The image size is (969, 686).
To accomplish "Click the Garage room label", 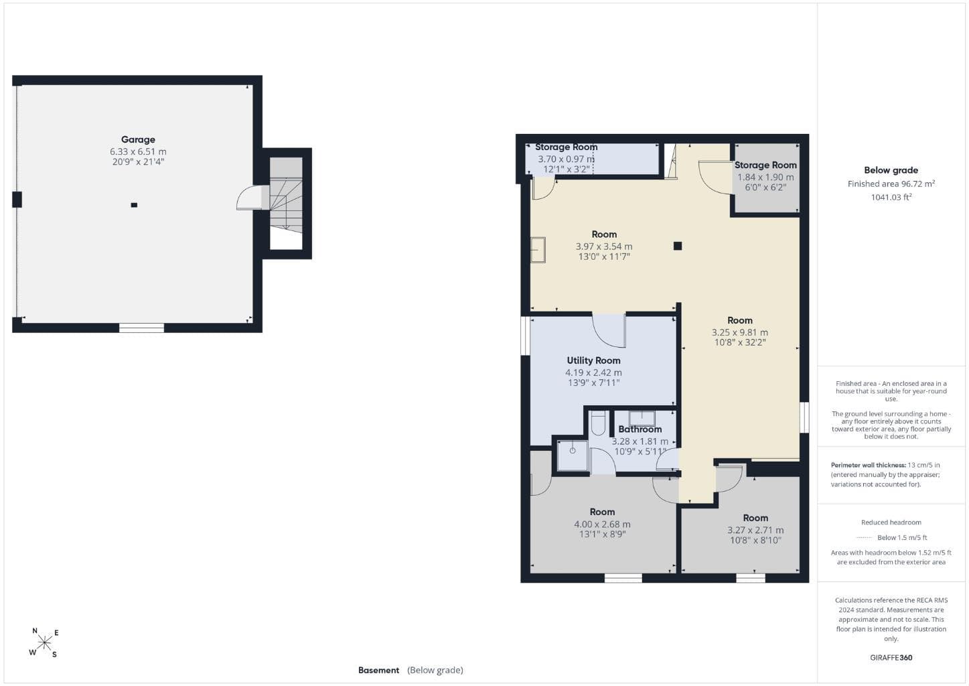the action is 138,139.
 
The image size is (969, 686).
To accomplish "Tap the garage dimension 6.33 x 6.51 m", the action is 138,151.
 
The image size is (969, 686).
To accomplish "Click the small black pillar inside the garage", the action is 134,205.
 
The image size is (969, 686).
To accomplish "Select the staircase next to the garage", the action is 286,195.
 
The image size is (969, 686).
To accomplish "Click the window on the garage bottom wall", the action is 141,328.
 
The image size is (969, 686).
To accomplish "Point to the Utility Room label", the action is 593,360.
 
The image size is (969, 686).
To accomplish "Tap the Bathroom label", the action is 640,429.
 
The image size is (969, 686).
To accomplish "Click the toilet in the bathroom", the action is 599,423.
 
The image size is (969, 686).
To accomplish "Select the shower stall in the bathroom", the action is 573,456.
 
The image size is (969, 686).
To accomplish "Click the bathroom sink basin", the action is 642,419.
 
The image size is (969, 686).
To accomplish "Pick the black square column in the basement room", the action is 678,246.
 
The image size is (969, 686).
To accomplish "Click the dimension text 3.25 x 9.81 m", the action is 740,332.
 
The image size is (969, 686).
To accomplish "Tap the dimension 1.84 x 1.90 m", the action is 765,177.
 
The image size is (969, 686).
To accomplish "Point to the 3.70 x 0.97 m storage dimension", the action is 567,159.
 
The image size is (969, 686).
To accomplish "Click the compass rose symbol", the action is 44,642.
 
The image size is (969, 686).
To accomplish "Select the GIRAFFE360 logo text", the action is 891,657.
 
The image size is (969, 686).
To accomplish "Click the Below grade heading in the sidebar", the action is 891,170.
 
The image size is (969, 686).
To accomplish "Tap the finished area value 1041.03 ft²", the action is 891,197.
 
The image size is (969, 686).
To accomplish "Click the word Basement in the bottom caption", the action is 378,670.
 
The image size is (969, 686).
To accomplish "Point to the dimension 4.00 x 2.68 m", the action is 602,524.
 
